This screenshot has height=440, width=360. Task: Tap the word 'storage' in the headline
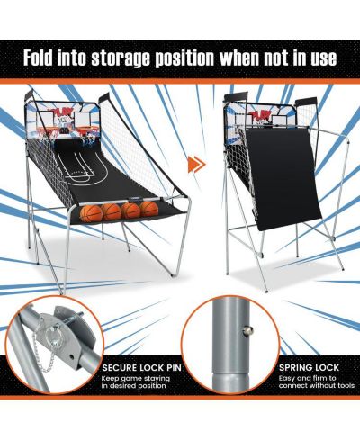point(120,58)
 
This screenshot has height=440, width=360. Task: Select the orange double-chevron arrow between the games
point(196,164)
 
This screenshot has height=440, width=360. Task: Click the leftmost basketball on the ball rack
point(91,213)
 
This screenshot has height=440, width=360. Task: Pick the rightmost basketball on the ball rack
point(149,209)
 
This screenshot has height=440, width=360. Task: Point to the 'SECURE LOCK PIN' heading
point(141,368)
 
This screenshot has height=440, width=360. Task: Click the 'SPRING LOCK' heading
point(309,367)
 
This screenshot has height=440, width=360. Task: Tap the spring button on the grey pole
point(247,331)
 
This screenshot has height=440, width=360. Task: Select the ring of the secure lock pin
point(53,334)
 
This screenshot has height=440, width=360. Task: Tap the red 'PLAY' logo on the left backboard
point(61,112)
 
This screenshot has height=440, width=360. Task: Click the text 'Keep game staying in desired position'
point(136,382)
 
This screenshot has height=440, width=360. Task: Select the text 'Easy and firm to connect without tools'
point(317,382)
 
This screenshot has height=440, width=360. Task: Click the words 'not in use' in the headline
point(300,58)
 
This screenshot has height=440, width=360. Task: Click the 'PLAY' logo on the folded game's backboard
point(259,115)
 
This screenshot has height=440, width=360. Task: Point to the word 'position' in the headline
point(184,58)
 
